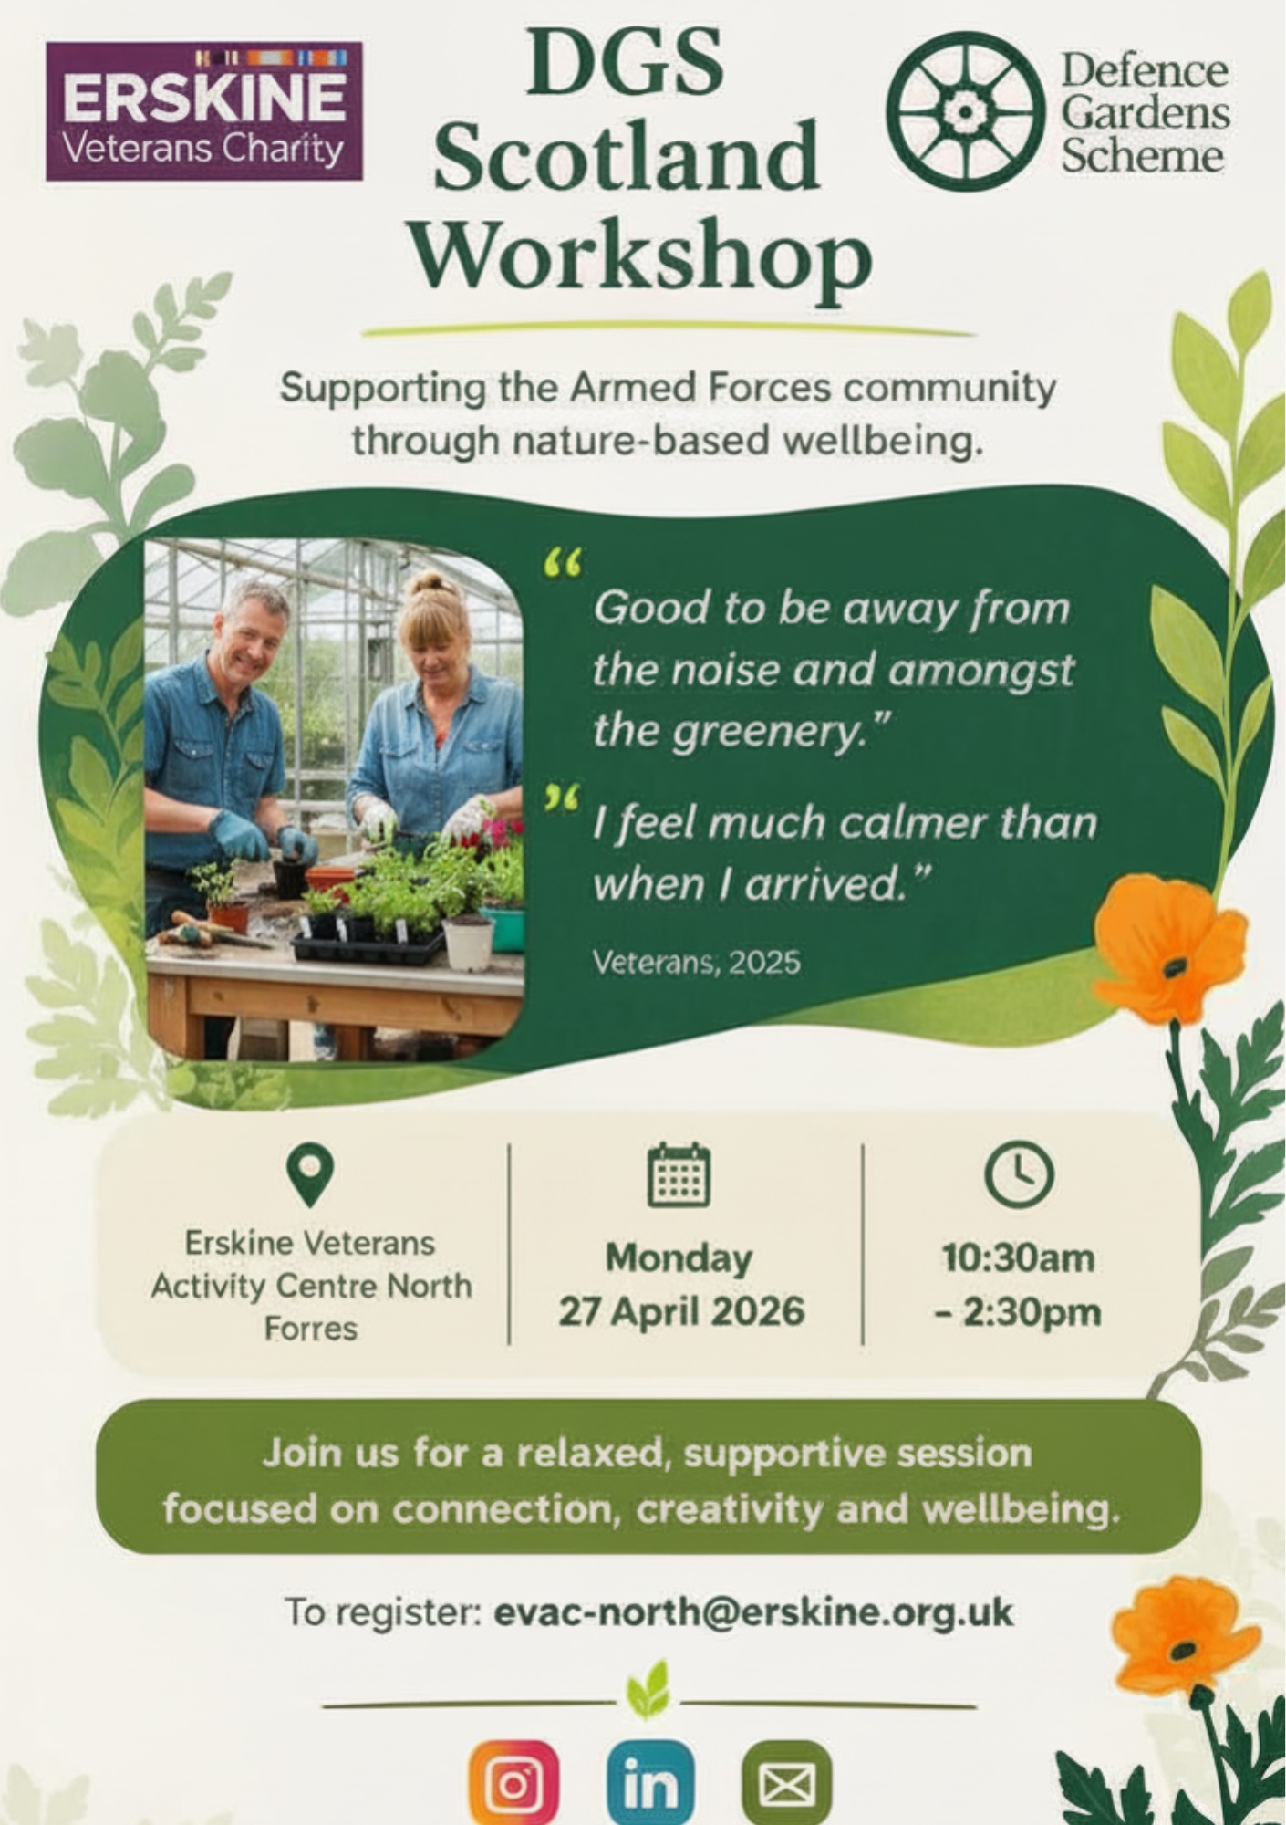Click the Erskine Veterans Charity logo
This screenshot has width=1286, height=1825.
point(204,111)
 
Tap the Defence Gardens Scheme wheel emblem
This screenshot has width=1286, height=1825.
point(966,111)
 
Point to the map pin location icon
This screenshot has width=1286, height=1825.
point(310,1176)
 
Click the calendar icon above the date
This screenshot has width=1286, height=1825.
point(679,1175)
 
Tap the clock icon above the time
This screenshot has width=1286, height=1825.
point(1019,1174)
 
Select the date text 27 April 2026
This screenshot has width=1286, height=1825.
point(681,1311)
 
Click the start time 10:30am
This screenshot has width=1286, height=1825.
point(1019,1258)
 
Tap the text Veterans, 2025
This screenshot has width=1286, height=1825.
point(697,962)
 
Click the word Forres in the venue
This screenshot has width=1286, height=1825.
point(310,1329)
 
